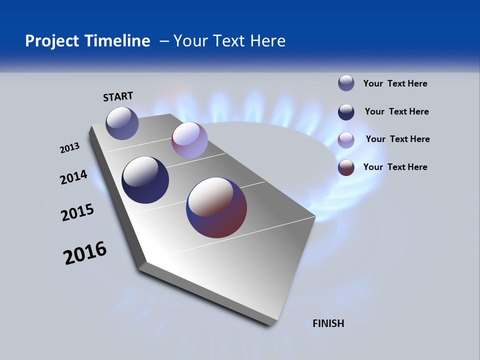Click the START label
118,96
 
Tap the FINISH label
328,323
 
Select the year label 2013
69,148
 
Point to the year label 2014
73,177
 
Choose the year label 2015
77,212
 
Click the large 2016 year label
85,253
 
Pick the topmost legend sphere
346,83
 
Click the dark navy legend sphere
346,112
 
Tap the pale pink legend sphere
346,139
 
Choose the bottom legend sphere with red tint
346,167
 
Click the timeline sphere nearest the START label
122,123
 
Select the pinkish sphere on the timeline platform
189,140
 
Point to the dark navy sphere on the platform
145,180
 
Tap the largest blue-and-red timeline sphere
216,207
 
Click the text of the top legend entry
395,83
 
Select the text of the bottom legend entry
395,167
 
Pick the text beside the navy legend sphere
396,111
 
